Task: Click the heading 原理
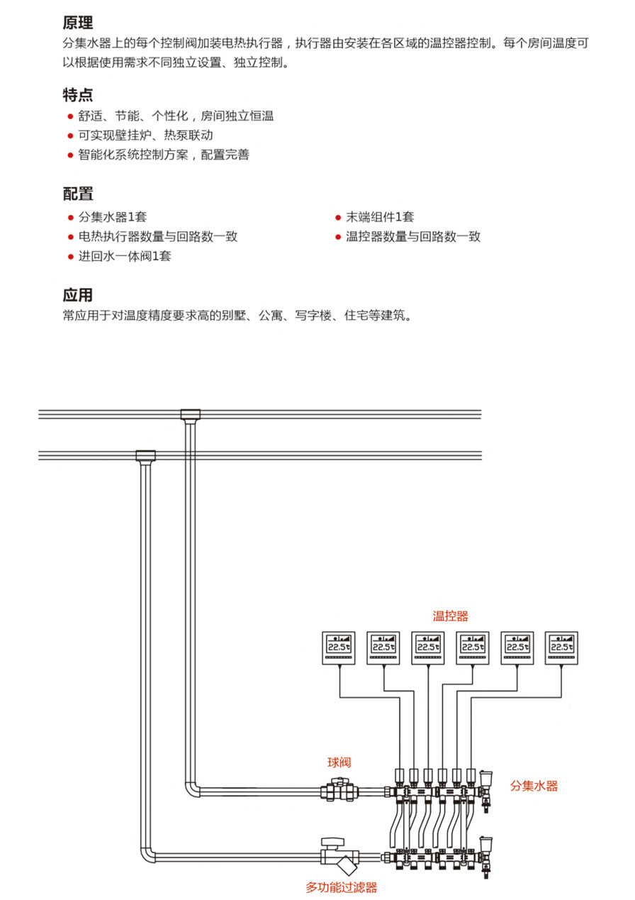click(78, 23)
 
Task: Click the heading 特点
click(78, 95)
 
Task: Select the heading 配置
click(78, 194)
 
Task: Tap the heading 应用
click(78, 295)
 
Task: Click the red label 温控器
click(451, 616)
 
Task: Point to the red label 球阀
click(339, 762)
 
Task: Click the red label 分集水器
click(534, 786)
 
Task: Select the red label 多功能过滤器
click(341, 887)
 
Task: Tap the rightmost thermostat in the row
click(561, 648)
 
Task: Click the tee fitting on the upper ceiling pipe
click(190, 414)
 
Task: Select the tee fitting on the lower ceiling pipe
click(145, 455)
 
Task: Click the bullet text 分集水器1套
click(113, 217)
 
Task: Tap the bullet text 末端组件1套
click(380, 217)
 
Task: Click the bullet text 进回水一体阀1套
click(125, 256)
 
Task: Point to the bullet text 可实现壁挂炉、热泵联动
click(145, 135)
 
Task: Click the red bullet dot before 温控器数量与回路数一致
click(338, 237)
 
